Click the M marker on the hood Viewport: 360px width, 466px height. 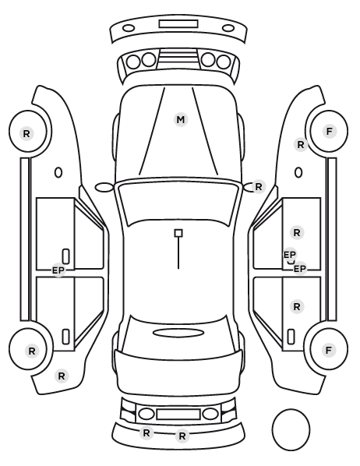(181, 120)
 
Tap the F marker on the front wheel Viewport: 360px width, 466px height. (329, 131)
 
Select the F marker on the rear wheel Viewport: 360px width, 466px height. (329, 351)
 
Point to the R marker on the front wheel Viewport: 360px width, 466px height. (26, 133)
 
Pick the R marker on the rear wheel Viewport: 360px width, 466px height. (32, 351)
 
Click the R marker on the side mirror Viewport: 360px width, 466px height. (259, 187)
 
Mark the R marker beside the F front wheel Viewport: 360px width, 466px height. (301, 145)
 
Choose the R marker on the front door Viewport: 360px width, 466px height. (297, 233)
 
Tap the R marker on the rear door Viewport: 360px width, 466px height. (297, 306)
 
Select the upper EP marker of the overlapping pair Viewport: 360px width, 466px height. (290, 255)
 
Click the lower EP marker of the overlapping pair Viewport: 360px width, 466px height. (300, 269)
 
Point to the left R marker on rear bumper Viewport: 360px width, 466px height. (146, 433)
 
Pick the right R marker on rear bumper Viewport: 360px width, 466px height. (182, 436)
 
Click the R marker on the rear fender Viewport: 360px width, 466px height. (62, 376)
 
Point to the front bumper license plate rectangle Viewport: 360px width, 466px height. (178, 24)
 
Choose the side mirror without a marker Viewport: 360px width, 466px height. (104, 187)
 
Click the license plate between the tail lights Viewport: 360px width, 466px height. (178, 415)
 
